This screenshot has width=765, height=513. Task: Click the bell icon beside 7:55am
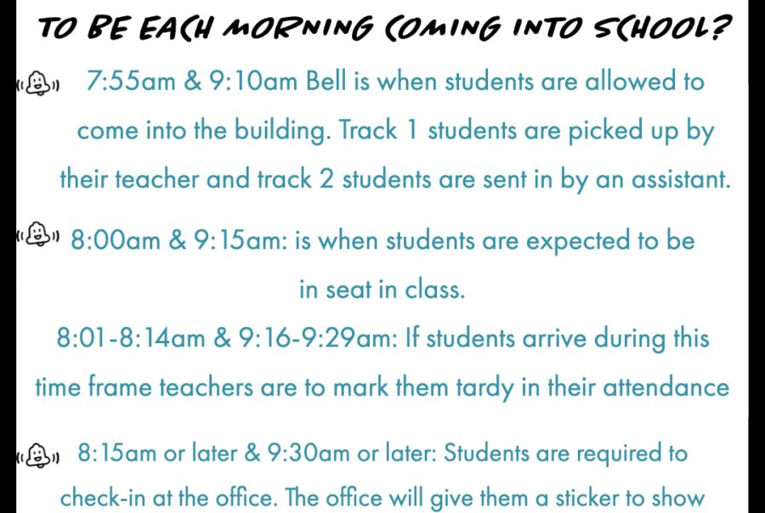38,83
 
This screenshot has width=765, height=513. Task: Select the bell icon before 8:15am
38,455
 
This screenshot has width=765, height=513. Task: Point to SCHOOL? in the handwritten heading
661,28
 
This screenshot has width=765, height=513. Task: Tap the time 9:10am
253,81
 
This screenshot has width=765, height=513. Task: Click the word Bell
326,81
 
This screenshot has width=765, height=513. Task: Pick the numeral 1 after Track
412,131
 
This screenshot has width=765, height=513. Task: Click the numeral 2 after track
326,179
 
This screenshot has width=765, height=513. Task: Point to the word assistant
681,179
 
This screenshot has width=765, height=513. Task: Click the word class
435,289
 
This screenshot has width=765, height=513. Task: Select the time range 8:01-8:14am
131,338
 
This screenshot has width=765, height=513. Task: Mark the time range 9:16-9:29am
319,338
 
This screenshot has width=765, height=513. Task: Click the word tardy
485,388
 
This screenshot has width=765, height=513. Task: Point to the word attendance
666,387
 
